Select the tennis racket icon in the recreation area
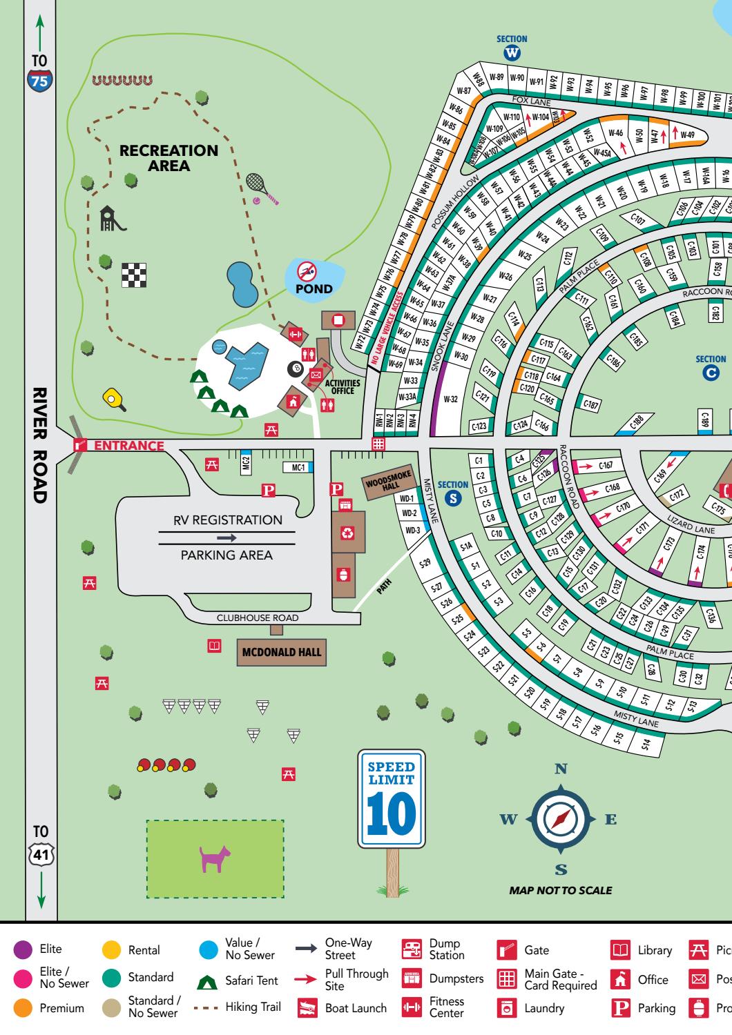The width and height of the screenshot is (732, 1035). coord(260,187)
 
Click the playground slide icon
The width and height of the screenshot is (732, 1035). coord(112,219)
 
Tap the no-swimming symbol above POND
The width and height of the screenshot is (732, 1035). coord(306,271)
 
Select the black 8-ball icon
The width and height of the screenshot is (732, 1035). coord(296,370)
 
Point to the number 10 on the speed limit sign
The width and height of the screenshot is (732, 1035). coord(392,816)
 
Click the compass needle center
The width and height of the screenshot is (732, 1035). coord(561,819)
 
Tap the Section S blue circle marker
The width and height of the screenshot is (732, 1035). coord(453,498)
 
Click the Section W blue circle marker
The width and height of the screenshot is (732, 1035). coord(512,53)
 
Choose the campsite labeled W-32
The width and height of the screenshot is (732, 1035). coord(450,399)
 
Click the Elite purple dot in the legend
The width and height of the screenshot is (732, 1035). coord(23,950)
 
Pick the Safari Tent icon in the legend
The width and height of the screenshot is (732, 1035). coord(209,980)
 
